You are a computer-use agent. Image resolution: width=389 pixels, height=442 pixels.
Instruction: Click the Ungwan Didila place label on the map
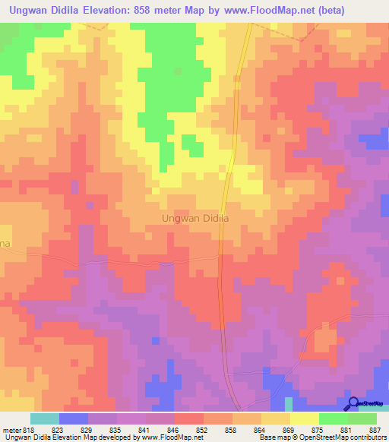pyautogui.click(x=196, y=218)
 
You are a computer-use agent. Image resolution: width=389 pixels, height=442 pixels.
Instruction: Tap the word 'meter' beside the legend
pyautogui.click(x=10, y=429)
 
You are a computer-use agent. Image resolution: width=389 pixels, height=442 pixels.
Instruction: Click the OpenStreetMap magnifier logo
pyautogui.click(x=353, y=404)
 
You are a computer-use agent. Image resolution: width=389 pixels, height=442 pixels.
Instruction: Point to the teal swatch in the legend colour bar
pyautogui.click(x=45, y=418)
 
